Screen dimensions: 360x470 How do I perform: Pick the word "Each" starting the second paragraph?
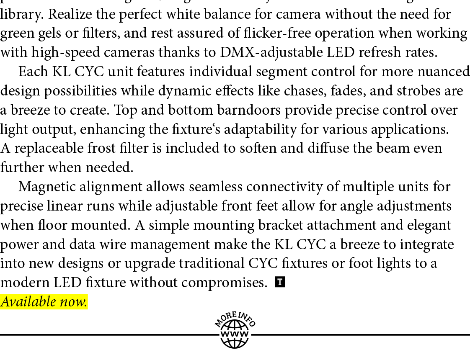click(33, 72)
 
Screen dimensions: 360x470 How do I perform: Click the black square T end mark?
click(280, 282)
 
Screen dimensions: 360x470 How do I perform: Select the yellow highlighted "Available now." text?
click(44, 301)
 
